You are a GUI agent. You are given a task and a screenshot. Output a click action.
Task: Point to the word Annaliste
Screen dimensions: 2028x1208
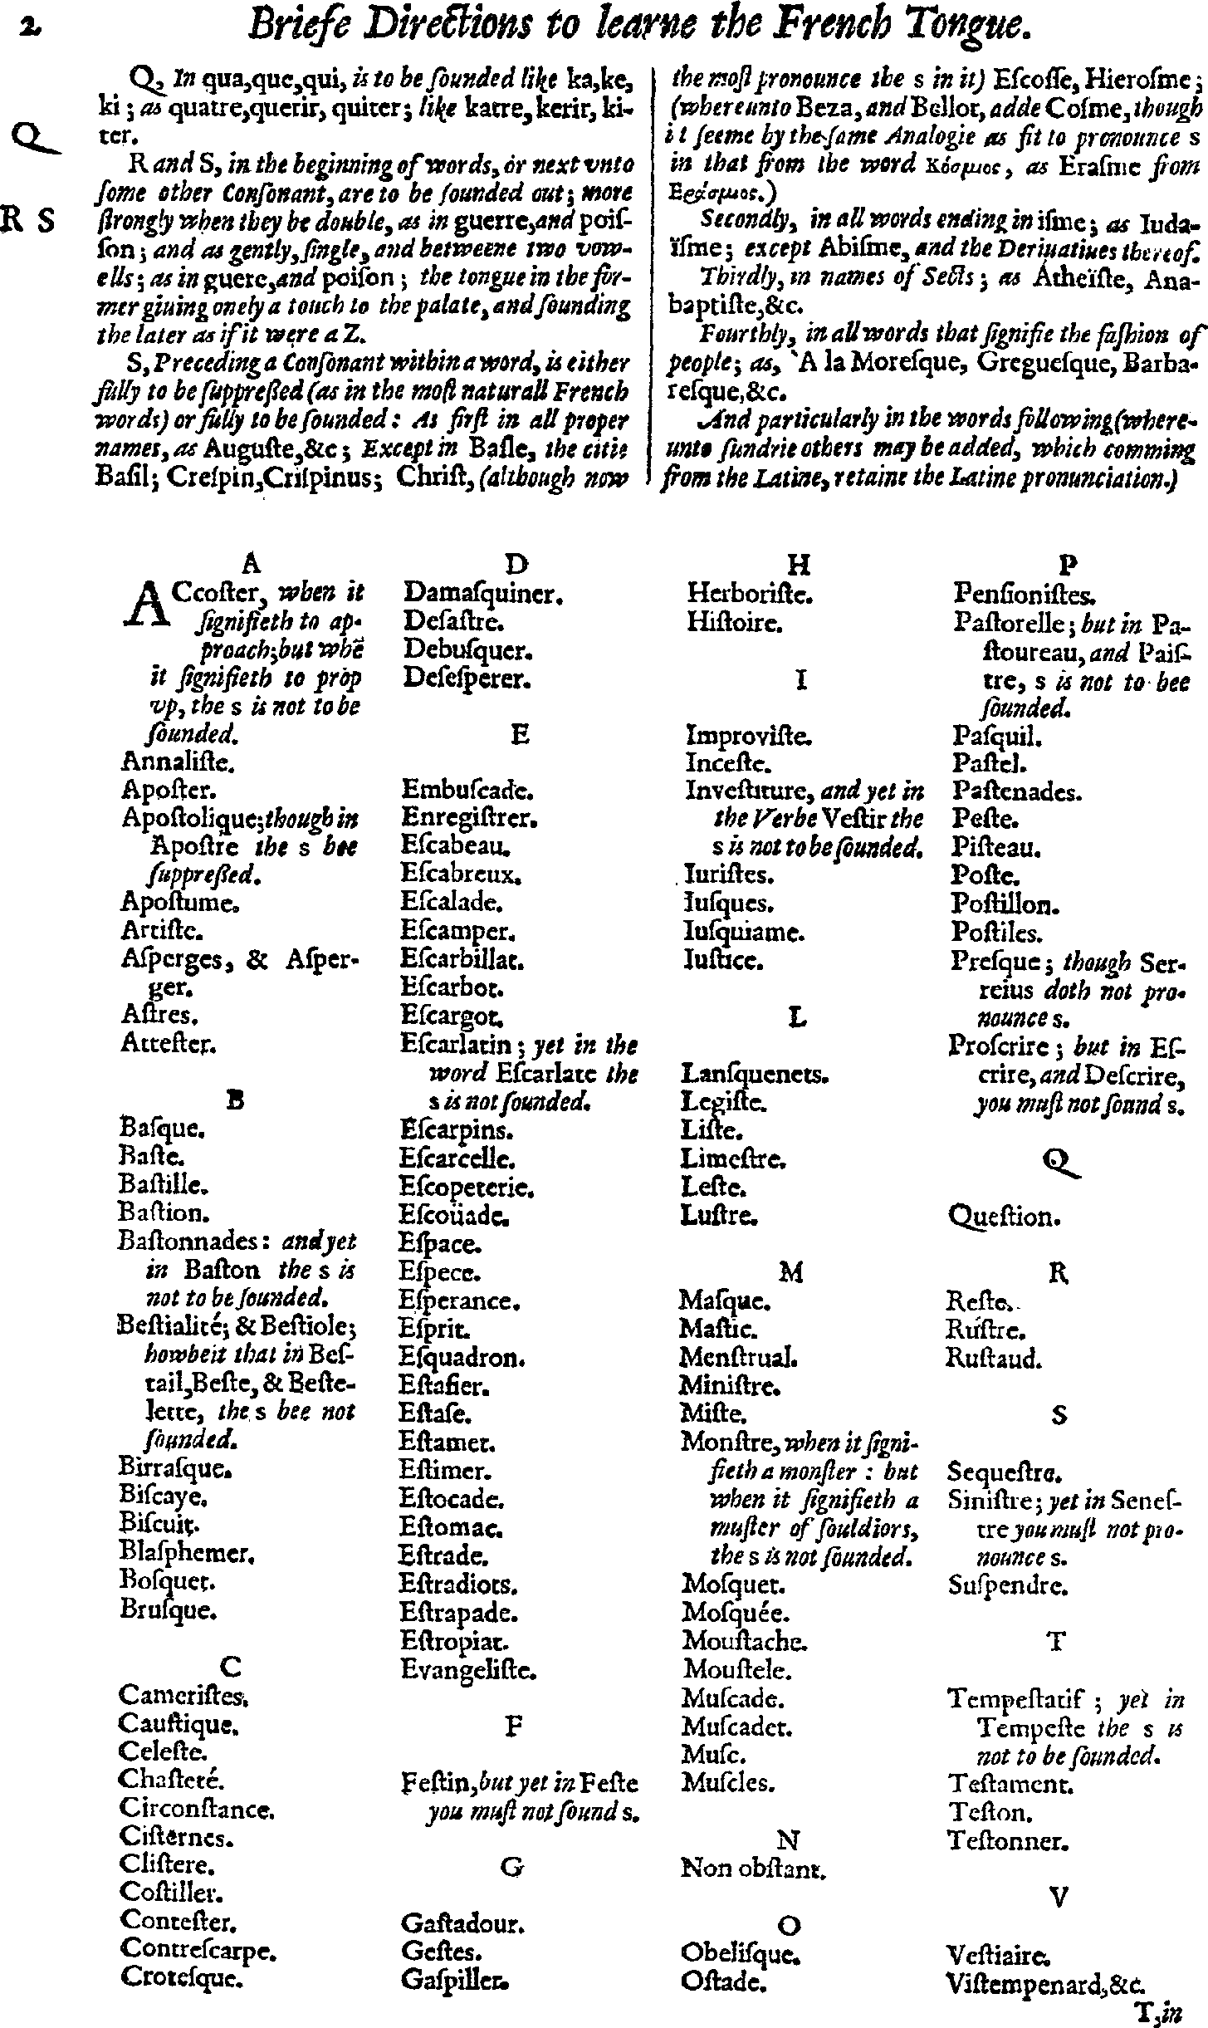tap(168, 761)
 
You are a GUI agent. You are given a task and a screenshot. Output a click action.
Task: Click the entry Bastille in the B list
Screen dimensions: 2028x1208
tap(162, 1184)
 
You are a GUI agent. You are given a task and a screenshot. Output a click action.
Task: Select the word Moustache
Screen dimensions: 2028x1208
tap(744, 1641)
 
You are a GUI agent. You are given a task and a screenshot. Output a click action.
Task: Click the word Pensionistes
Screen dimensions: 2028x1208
tap(1025, 594)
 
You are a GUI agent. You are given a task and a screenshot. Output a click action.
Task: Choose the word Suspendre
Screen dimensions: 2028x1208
tap(1008, 1585)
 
